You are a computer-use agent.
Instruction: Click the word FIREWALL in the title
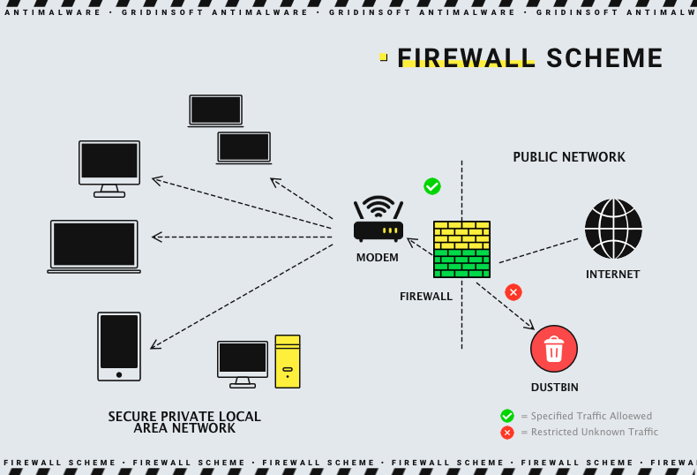click(466, 58)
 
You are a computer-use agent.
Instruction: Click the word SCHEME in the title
click(604, 58)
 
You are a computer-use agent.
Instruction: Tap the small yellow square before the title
click(383, 57)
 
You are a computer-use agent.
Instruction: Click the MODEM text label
click(378, 258)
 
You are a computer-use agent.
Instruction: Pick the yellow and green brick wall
click(461, 250)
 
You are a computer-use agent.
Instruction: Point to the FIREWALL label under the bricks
click(426, 297)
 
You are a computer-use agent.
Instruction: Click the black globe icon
click(613, 229)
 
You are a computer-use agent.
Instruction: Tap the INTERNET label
click(613, 275)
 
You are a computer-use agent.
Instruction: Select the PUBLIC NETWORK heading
click(569, 157)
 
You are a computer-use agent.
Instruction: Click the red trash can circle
click(554, 349)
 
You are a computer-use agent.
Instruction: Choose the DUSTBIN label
click(555, 388)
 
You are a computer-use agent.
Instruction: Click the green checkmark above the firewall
click(432, 186)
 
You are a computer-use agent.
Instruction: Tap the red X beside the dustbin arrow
click(513, 291)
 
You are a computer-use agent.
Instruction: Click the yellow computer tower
click(288, 361)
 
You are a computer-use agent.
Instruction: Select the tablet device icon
click(119, 346)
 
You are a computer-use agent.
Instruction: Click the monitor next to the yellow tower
click(243, 363)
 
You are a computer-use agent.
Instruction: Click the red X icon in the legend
click(507, 433)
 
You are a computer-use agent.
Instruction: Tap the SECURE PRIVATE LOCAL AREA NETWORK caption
click(184, 422)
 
